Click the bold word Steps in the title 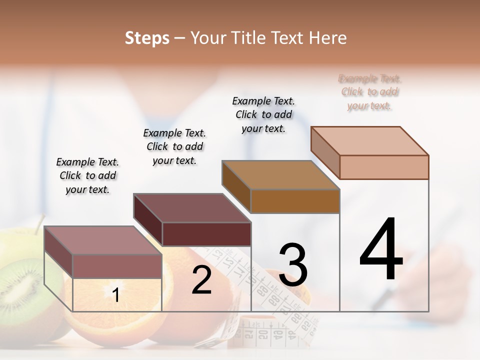point(147,38)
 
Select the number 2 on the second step point(201,280)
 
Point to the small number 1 point(116,295)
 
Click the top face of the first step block point(102,240)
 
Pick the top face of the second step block point(191,207)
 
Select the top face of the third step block point(280,175)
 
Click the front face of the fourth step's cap point(384,167)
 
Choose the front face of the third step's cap point(295,201)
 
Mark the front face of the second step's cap point(206,234)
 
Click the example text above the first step point(87,175)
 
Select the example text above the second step point(174,146)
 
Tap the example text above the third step point(263,114)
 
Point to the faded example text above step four point(370,92)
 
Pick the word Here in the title point(328,38)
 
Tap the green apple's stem point(39,223)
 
